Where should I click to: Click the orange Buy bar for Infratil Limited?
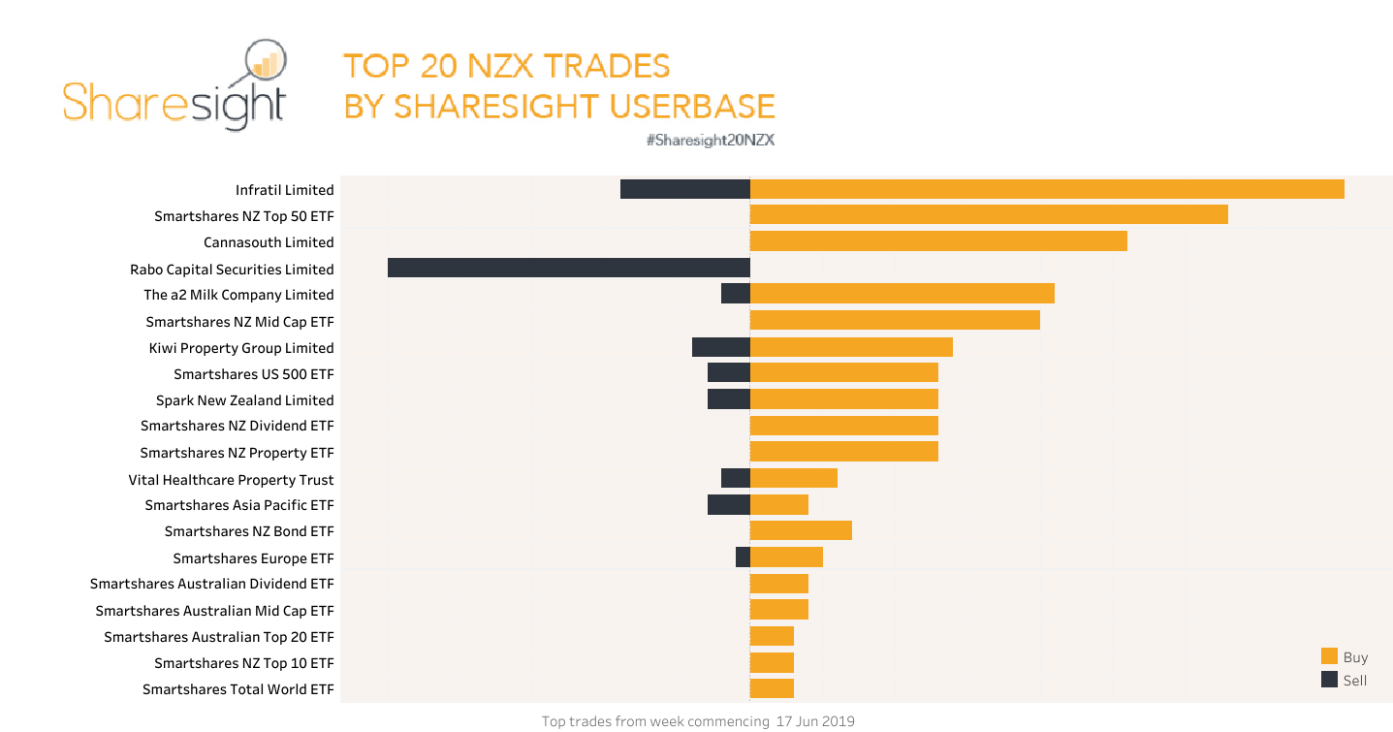pos(1047,189)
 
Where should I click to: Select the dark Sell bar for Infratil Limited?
pos(684,189)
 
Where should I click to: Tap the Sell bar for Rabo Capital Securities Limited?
pos(568,268)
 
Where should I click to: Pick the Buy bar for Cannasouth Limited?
pos(938,241)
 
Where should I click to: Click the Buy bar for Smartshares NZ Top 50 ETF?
pos(989,214)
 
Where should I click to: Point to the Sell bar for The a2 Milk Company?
pos(735,294)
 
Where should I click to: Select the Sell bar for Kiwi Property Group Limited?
pos(720,347)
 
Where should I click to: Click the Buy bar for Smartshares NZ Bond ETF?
pos(801,530)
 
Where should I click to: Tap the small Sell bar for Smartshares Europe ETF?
pos(743,557)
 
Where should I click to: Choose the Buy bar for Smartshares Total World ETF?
pos(772,688)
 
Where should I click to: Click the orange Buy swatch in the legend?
pos(1329,656)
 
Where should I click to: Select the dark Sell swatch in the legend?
pos(1329,680)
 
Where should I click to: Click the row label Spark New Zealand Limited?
pos(244,399)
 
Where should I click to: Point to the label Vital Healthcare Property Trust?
pos(231,479)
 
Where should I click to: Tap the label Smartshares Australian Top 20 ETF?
pos(218,637)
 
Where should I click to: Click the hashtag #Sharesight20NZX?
pos(710,140)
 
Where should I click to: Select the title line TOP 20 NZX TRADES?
pos(506,66)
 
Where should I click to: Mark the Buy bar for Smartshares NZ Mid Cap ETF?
pos(895,320)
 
